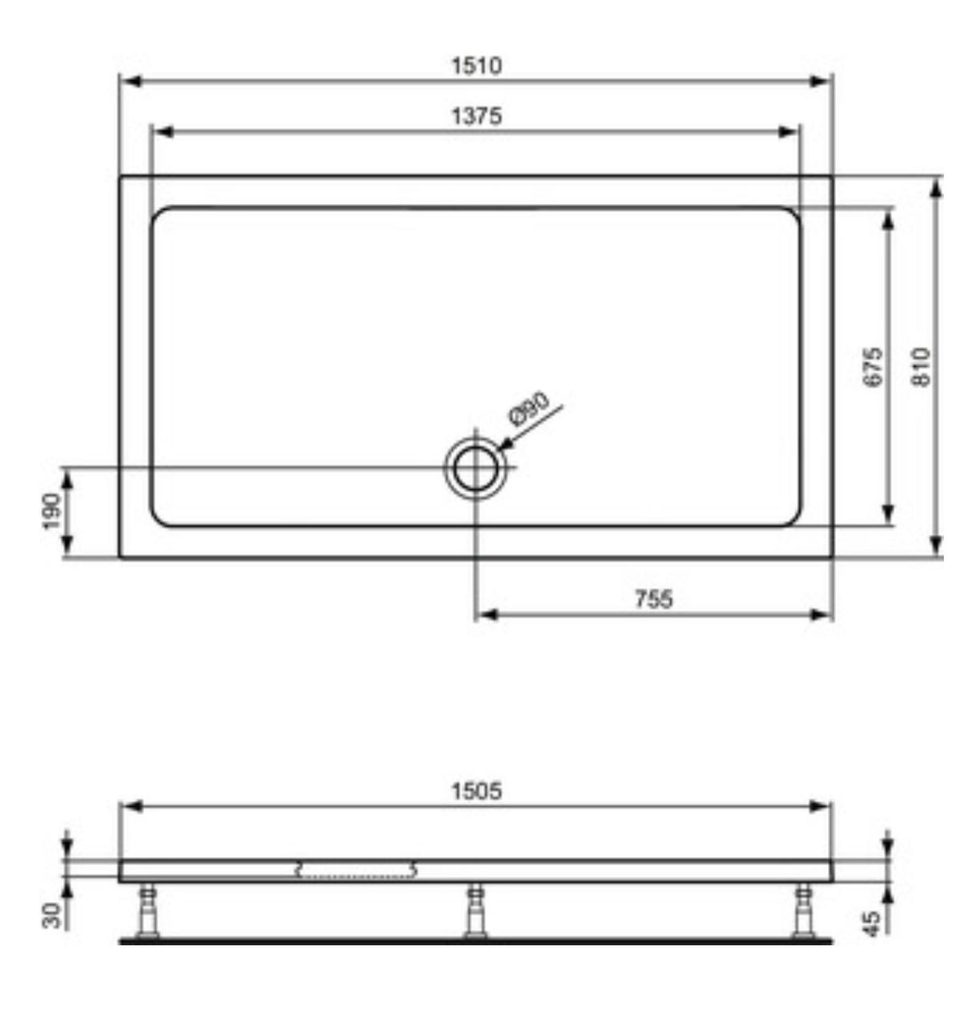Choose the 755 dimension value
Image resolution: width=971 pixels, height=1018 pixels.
tap(654, 600)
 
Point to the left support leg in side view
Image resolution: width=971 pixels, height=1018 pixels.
tap(148, 910)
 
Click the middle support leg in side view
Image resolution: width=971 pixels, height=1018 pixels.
tap(475, 910)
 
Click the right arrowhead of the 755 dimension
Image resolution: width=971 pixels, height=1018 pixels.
tap(820, 615)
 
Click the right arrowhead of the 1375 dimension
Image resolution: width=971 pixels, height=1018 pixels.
tap(788, 132)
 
